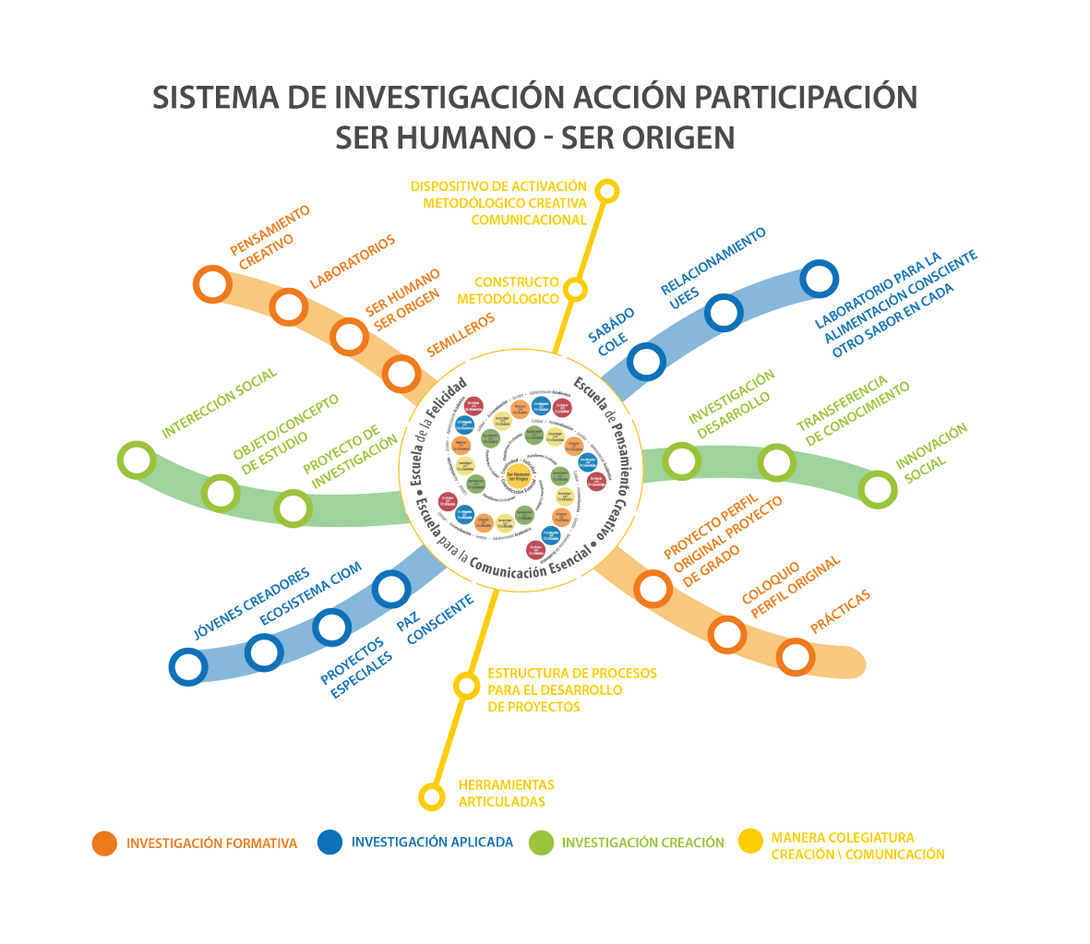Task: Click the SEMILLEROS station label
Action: pyautogui.click(x=461, y=335)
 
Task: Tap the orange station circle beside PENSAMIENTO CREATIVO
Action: pyautogui.click(x=212, y=284)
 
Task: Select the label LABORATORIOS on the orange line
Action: pyautogui.click(x=352, y=261)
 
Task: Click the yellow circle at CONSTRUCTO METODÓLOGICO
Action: pyautogui.click(x=575, y=289)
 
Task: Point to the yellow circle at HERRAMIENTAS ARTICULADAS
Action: pyautogui.click(x=431, y=795)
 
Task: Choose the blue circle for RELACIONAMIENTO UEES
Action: pyautogui.click(x=724, y=313)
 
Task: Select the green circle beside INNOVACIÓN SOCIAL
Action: pyautogui.click(x=878, y=489)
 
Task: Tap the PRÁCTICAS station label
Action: pyautogui.click(x=840, y=612)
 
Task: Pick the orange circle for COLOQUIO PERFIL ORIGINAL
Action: pyautogui.click(x=727, y=635)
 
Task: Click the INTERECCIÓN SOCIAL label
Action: pyautogui.click(x=219, y=403)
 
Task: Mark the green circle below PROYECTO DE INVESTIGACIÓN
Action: pyautogui.click(x=293, y=508)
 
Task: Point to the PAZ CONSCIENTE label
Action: pyautogui.click(x=436, y=619)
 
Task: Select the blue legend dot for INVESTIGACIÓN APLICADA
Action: pyautogui.click(x=329, y=842)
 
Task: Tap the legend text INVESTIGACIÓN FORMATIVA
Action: pyautogui.click(x=211, y=843)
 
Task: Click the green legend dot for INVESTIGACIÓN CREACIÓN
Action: pyautogui.click(x=541, y=842)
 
